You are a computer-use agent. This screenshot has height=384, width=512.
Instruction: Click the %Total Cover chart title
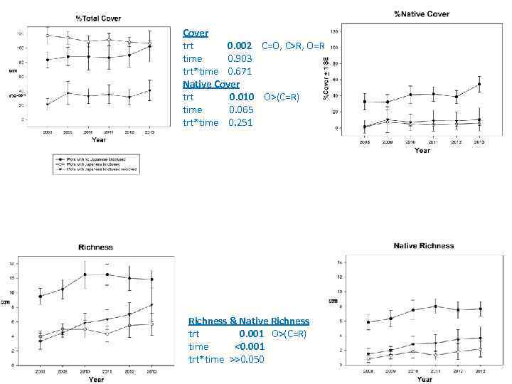tap(97, 18)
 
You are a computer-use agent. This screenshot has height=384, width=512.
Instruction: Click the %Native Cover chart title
tap(422, 14)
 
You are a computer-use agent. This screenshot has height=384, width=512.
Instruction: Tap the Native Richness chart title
tap(423, 246)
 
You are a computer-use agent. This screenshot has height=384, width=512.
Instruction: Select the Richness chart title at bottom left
tap(95, 247)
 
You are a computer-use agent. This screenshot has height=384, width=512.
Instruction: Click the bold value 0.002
tap(240, 46)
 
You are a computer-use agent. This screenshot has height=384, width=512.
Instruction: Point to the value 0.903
tap(240, 58)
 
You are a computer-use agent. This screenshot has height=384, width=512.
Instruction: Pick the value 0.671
tap(240, 71)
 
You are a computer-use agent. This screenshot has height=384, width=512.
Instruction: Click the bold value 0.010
tap(242, 97)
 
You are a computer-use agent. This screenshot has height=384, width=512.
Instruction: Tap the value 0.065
tap(242, 110)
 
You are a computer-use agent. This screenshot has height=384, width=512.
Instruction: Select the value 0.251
tap(242, 122)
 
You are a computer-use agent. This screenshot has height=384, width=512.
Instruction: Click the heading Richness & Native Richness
tap(249, 321)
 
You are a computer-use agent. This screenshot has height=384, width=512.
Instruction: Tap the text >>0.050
tap(247, 359)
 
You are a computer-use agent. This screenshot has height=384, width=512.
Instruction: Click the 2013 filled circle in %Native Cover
tap(479, 85)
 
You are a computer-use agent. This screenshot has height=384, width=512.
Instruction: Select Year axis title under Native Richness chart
tap(424, 379)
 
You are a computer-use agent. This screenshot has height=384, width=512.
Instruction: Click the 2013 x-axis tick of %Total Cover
tap(149, 132)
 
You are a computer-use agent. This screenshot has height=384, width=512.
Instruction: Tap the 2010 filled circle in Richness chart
tap(85, 274)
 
